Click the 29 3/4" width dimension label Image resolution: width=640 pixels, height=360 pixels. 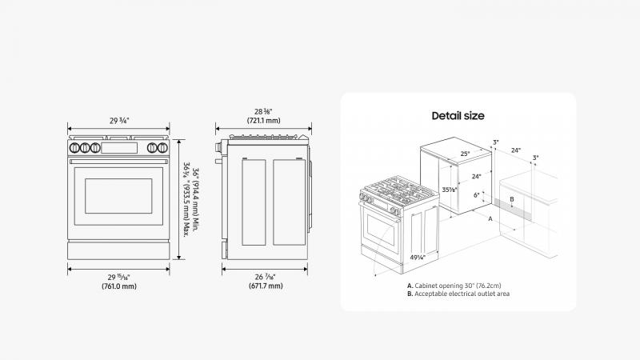point(119,121)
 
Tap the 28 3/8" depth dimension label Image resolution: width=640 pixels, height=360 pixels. point(263,111)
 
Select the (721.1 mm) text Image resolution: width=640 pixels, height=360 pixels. point(264,121)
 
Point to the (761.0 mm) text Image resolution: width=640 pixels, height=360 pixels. point(119,286)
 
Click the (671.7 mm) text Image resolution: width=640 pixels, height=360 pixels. point(266,286)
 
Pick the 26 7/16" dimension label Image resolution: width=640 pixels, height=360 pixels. point(266,277)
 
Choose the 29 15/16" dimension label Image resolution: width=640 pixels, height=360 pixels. point(119,277)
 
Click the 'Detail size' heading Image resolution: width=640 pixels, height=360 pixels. point(458,116)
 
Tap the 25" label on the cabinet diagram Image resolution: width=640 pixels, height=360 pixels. point(465,154)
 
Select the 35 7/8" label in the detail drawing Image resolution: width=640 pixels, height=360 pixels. point(450,190)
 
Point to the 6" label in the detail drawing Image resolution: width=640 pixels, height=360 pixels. point(476,195)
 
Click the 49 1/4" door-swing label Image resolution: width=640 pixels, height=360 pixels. point(418,257)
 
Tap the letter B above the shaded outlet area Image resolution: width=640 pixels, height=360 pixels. point(512,199)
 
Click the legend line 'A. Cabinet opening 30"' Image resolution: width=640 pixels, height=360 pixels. point(454,286)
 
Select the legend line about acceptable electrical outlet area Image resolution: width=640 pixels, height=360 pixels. point(458,294)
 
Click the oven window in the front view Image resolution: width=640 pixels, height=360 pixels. point(118,196)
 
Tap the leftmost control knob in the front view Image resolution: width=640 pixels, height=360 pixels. point(74,148)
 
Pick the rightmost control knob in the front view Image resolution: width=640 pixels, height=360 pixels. point(162,148)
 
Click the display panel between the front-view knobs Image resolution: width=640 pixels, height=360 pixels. point(119,148)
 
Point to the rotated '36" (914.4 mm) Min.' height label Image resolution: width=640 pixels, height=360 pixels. point(195,199)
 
